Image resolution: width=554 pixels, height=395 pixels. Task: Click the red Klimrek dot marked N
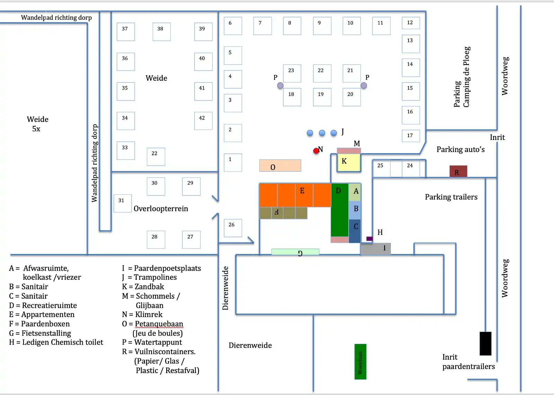click(x=316, y=151)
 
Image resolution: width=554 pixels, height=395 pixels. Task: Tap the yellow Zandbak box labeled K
click(x=349, y=163)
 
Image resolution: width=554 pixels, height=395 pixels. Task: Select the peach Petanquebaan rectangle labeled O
click(x=280, y=166)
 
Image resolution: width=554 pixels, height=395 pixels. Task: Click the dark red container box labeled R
click(x=458, y=171)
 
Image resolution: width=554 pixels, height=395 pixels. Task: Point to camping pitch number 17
click(x=411, y=136)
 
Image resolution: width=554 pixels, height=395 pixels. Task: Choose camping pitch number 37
click(x=126, y=32)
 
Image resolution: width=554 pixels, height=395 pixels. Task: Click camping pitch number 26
click(x=233, y=228)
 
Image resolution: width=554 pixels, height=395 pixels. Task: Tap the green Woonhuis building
click(x=360, y=362)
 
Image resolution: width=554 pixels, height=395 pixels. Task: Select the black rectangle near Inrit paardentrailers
click(x=485, y=343)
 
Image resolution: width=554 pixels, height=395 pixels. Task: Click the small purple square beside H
click(x=369, y=239)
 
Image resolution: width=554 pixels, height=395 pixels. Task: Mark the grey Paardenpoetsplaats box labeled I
click(x=375, y=249)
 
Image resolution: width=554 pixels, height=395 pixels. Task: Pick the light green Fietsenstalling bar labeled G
click(x=295, y=252)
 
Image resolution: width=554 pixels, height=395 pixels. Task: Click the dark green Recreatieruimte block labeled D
click(x=340, y=210)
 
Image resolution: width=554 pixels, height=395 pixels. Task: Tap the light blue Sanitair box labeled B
click(x=355, y=210)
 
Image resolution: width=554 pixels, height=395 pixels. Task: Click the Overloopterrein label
click(x=161, y=209)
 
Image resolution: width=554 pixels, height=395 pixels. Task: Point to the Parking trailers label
click(x=451, y=197)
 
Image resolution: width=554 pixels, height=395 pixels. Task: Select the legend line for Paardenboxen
click(x=39, y=324)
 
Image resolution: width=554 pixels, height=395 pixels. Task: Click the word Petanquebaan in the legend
click(x=159, y=324)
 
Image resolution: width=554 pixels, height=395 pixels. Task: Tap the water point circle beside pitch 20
click(x=364, y=86)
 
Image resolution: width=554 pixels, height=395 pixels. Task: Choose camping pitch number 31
click(x=123, y=203)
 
